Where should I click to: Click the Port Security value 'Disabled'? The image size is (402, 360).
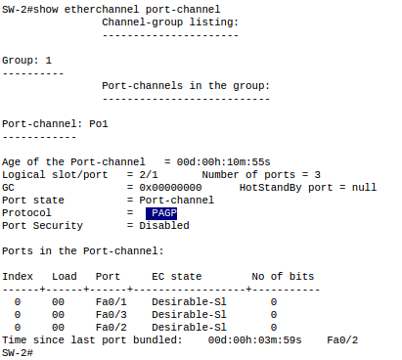coord(164,225)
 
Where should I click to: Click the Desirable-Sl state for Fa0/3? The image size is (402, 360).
coord(189,314)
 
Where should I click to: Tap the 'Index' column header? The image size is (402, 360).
coord(18,276)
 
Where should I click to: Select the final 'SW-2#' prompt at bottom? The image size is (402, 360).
coord(17,352)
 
